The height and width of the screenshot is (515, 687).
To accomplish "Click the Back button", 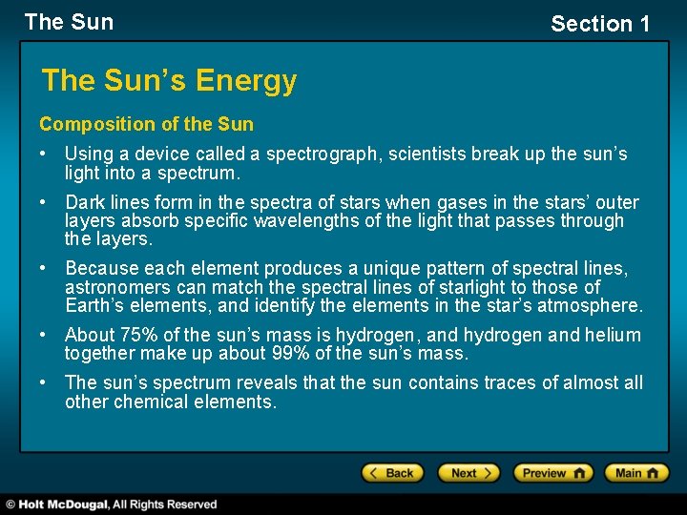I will tap(390, 473).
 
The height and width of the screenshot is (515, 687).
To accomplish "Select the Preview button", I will tap(552, 473).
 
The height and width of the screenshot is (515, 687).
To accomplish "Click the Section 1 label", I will tap(599, 24).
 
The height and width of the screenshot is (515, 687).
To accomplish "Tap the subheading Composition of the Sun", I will tap(146, 124).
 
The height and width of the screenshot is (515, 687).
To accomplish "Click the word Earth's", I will tap(97, 306).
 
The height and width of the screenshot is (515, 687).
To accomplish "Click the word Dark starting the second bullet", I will tap(86, 201).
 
